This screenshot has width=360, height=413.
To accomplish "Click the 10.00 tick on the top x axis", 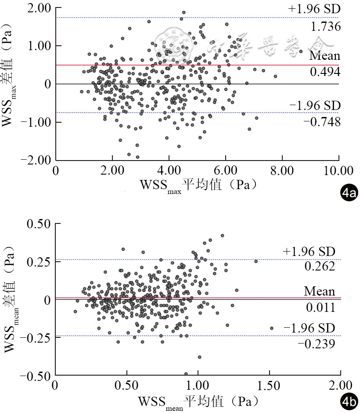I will (338, 170).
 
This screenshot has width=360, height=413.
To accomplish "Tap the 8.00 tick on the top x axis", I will (281, 170).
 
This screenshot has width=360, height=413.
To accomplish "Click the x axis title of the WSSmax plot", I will (198, 185).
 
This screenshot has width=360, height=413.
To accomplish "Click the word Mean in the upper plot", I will (324, 56).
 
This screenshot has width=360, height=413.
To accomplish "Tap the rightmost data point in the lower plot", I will (271, 328).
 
